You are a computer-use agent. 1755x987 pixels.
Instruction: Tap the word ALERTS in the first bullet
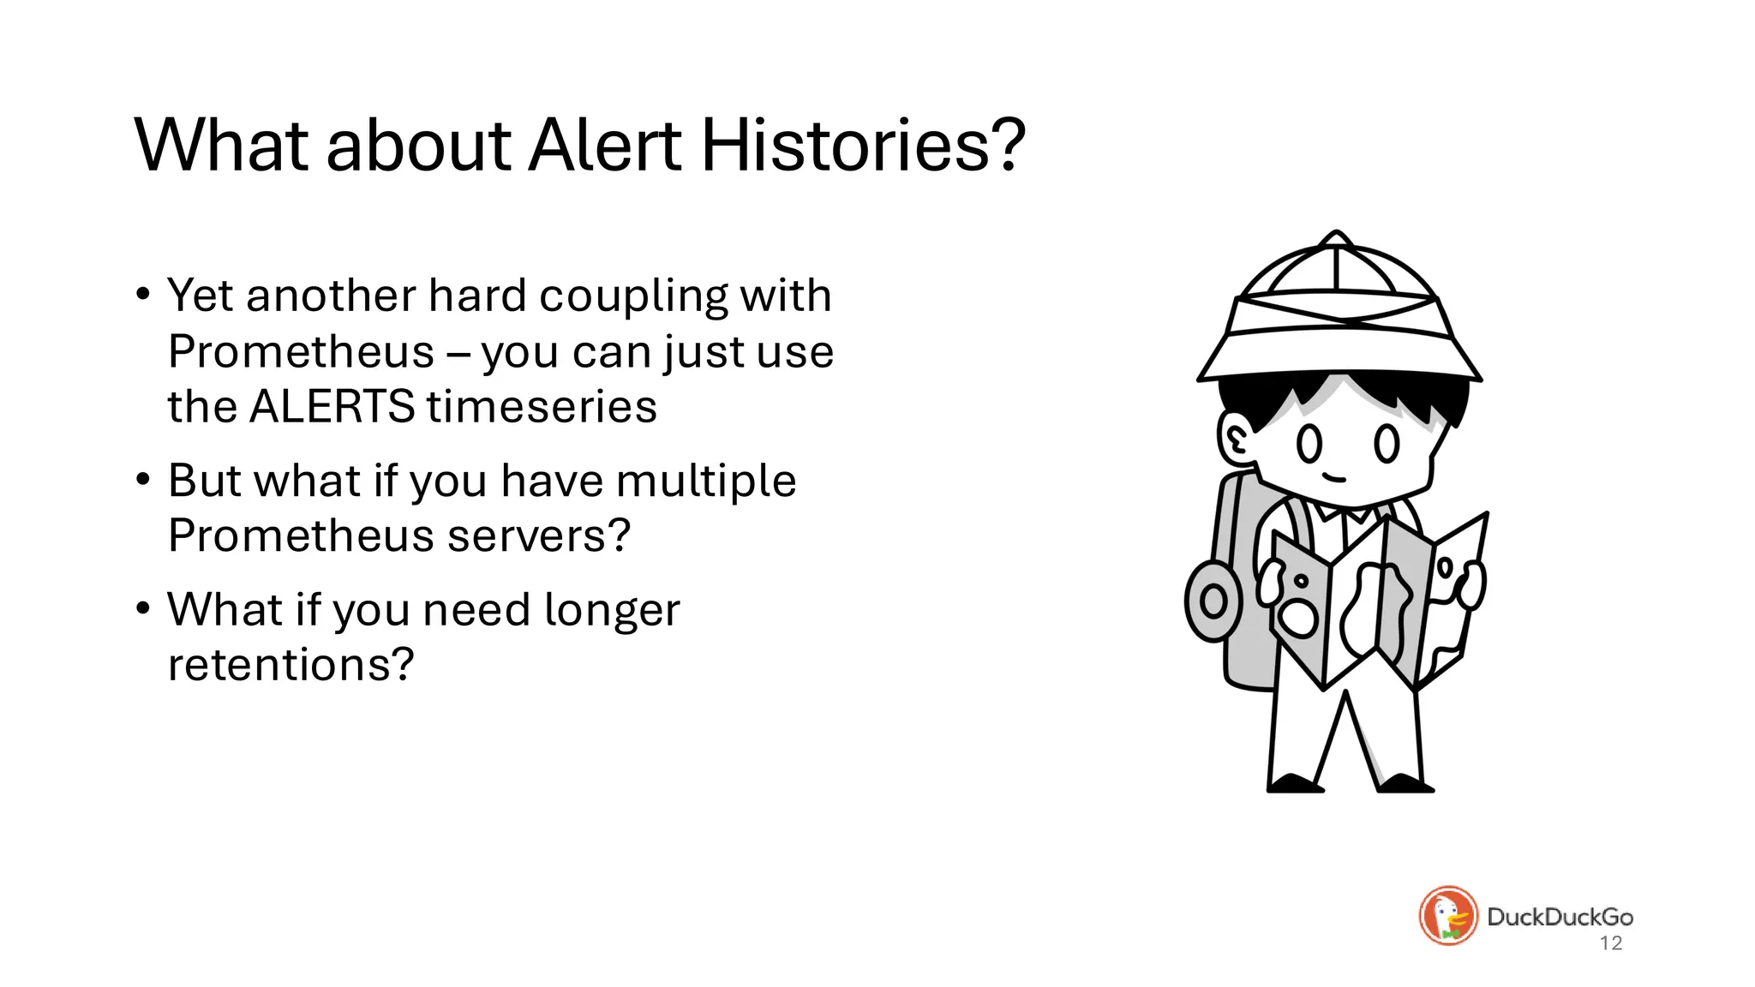pyautogui.click(x=332, y=406)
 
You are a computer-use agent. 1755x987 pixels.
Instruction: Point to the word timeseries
pyautogui.click(x=542, y=406)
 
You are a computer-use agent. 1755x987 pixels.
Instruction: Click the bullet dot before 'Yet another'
pyautogui.click(x=143, y=295)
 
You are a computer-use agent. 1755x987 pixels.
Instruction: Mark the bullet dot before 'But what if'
pyautogui.click(x=143, y=480)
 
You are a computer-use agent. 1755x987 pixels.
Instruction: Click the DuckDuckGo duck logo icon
pyautogui.click(x=1448, y=916)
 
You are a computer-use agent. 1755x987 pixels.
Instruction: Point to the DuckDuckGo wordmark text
pyautogui.click(x=1560, y=917)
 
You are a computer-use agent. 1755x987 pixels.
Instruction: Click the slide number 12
pyautogui.click(x=1611, y=943)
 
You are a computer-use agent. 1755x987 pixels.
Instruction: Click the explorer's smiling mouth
pyautogui.click(x=1334, y=477)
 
